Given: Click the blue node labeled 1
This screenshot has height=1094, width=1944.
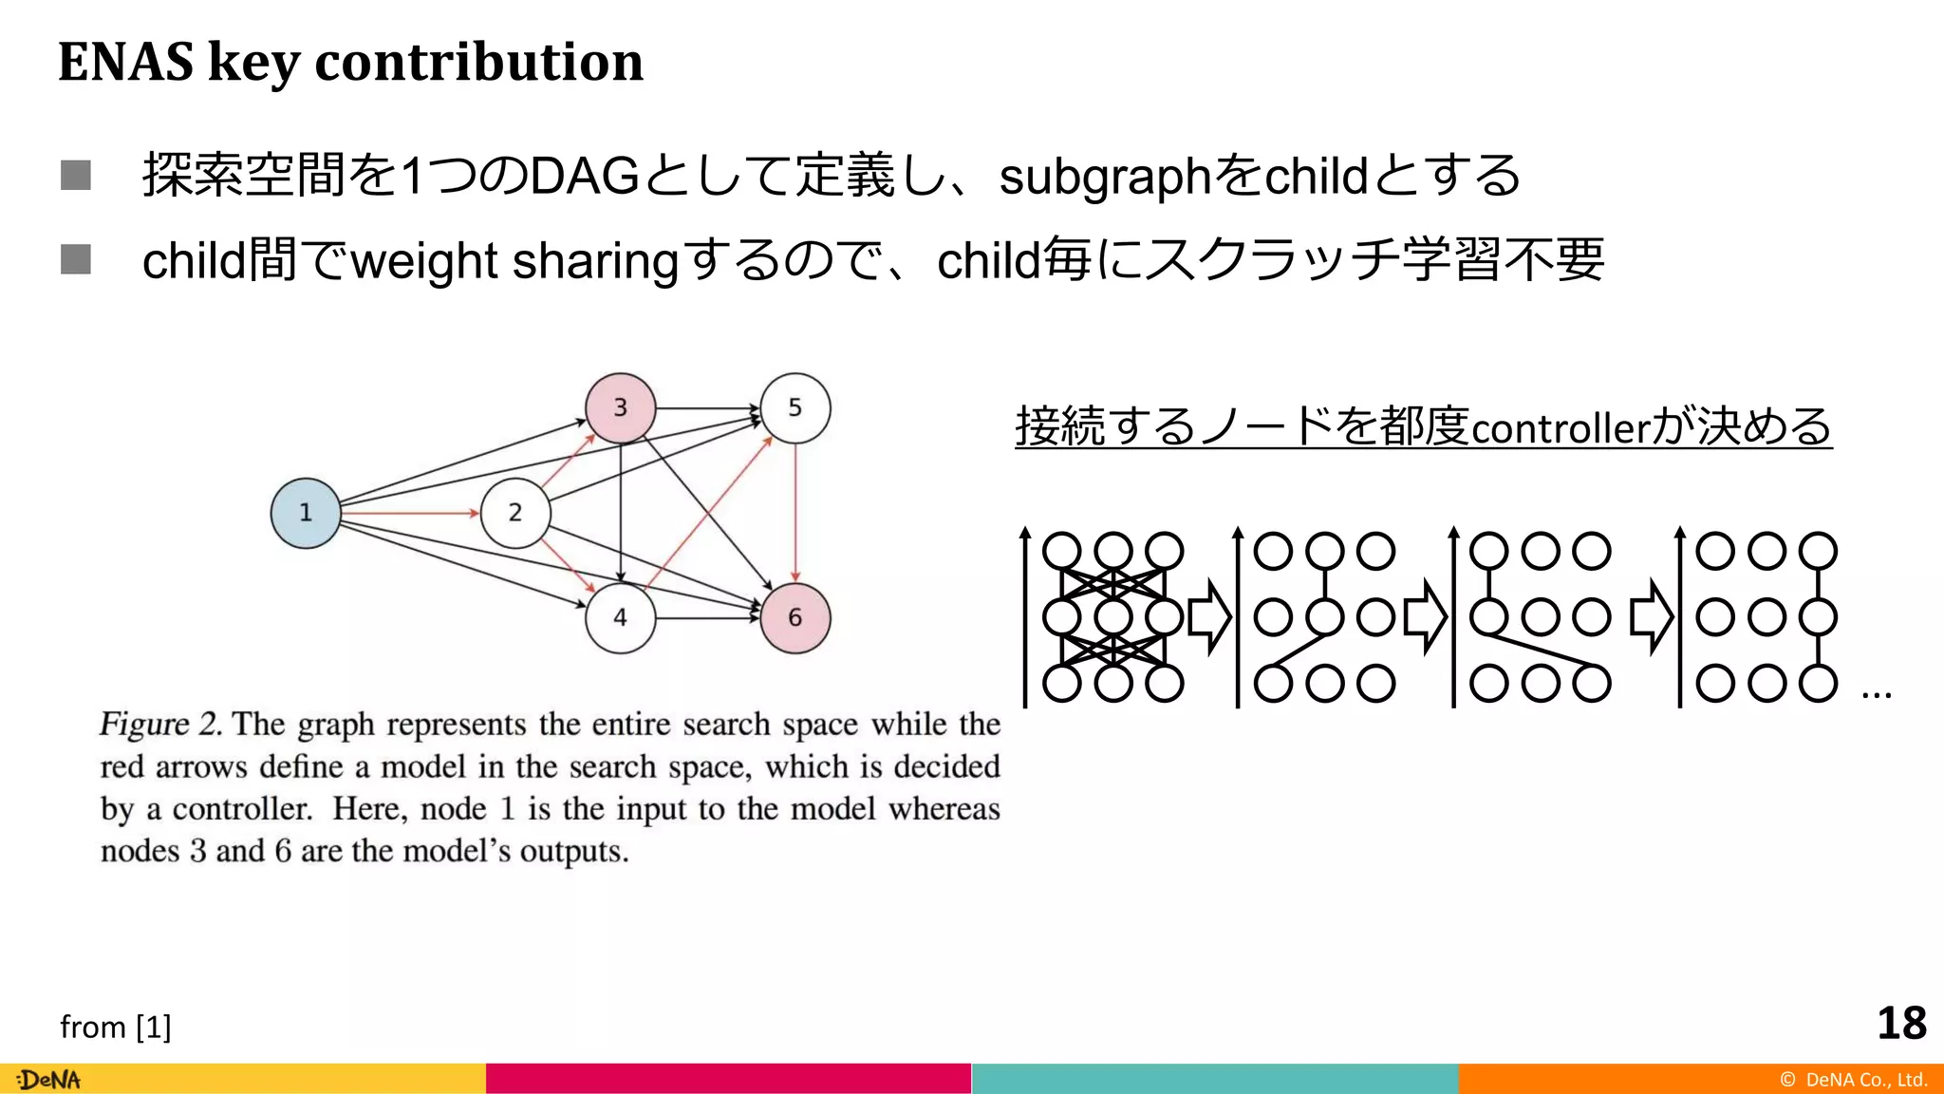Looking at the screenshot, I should [x=305, y=513].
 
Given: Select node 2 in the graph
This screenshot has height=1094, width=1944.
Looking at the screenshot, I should [x=514, y=513].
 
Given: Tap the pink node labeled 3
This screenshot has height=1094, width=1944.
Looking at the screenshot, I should [x=620, y=408].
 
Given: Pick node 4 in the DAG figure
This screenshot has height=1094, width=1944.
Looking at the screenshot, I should [x=620, y=618].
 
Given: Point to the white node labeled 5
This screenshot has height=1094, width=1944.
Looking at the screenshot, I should [x=794, y=408].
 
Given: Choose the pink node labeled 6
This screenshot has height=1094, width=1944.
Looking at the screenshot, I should [x=794, y=618].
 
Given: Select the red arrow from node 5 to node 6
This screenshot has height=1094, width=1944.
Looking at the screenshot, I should [x=795, y=513].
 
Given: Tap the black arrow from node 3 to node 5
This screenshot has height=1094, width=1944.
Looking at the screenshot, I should [x=707, y=408].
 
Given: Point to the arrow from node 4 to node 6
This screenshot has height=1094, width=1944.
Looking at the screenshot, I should [x=707, y=618].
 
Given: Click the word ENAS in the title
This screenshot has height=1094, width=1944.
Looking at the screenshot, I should [x=125, y=62].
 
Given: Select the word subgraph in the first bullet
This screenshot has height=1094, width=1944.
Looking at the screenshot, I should [x=1105, y=178].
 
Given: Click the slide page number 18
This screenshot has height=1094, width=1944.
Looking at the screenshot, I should [x=1901, y=1024].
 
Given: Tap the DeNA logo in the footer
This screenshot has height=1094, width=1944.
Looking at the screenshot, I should [x=49, y=1080].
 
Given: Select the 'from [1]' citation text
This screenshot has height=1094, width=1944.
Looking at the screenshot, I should [x=115, y=1027].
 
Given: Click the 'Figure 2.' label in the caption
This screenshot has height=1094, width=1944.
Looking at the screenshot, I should [x=160, y=724].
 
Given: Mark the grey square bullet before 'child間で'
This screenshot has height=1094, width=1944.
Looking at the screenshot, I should [x=76, y=259].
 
